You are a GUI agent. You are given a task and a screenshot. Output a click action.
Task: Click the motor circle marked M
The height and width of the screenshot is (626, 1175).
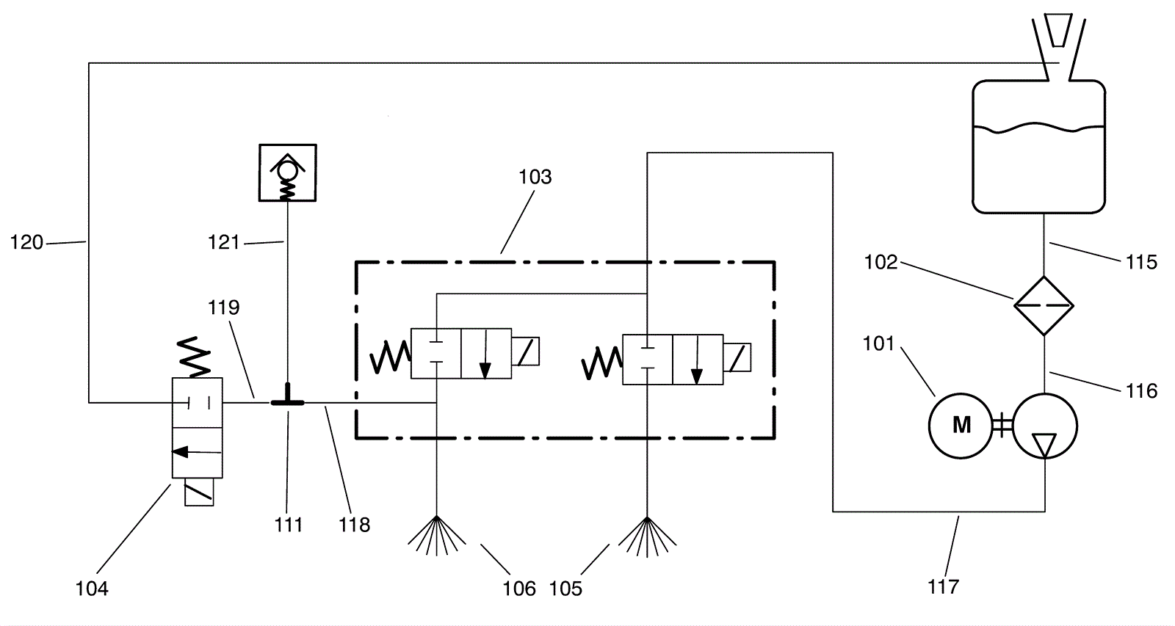click(x=961, y=426)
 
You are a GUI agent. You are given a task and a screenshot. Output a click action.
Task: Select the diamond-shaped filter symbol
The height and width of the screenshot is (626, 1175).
click(x=1044, y=305)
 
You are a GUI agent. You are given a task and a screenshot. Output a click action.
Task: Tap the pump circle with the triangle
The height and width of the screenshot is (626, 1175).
click(x=1045, y=426)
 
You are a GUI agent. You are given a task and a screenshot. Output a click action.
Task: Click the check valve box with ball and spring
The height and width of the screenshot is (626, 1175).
click(x=287, y=172)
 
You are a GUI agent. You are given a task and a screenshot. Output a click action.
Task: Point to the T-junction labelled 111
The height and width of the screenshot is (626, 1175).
click(x=287, y=401)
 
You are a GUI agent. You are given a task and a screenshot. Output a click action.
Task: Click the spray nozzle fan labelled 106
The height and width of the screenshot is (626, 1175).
click(x=436, y=535)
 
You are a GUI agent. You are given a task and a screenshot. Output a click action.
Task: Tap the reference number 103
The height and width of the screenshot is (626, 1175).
click(x=535, y=177)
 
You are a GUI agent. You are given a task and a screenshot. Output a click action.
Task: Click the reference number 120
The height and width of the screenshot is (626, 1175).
click(x=26, y=242)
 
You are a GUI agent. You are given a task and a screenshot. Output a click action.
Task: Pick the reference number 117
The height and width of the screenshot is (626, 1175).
click(x=944, y=586)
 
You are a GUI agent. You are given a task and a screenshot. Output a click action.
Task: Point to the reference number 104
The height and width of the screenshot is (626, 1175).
click(x=92, y=589)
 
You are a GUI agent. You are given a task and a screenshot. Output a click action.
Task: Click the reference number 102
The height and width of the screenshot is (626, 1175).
click(x=881, y=261)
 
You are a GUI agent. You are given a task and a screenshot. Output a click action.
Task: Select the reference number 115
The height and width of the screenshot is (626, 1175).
click(x=1141, y=261)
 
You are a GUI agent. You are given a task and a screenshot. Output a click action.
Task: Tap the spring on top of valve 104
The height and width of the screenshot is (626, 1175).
click(x=194, y=357)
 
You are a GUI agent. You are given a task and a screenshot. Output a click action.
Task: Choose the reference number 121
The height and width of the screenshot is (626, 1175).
click(x=223, y=242)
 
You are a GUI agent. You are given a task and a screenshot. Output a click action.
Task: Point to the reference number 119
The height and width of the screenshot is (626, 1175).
click(x=223, y=307)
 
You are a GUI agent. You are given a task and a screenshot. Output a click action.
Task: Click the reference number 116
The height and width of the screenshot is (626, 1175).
click(x=1141, y=390)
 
